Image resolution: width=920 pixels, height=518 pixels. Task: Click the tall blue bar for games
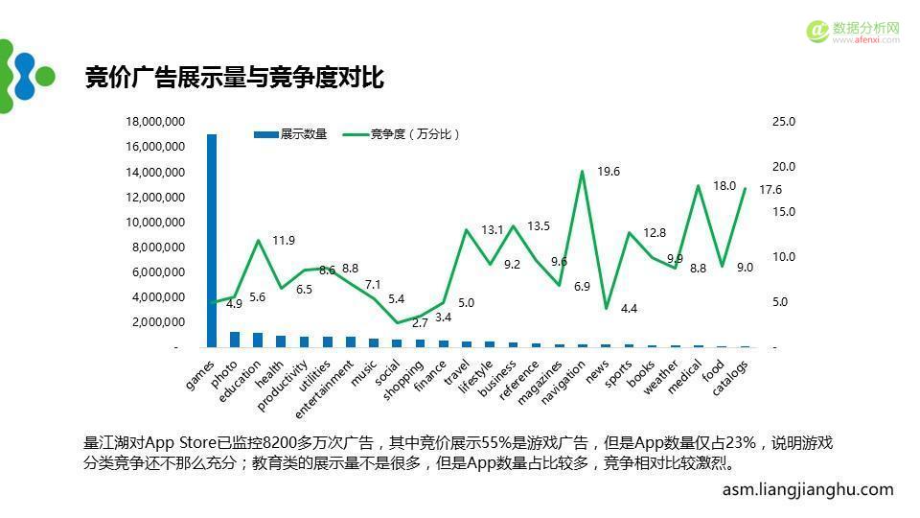coord(212,240)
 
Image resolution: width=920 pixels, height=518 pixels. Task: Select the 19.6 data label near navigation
coord(609,172)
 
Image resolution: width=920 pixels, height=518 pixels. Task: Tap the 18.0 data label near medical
coord(724,186)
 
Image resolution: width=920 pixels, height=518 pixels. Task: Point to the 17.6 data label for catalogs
coord(770,190)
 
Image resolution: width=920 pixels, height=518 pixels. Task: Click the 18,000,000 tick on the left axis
coord(155,122)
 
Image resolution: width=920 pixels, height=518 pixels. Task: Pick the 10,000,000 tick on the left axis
coord(155,223)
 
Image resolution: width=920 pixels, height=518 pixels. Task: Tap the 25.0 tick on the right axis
coord(784,122)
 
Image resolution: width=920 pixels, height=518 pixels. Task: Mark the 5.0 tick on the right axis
coord(781,302)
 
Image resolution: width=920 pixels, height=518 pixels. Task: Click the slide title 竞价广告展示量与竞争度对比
coord(235,78)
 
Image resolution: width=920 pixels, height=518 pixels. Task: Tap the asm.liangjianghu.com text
coord(807,489)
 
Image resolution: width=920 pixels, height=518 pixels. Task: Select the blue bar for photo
coord(235,339)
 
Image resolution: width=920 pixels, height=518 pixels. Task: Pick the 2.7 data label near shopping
coord(420,323)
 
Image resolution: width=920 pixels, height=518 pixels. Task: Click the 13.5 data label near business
coord(539,226)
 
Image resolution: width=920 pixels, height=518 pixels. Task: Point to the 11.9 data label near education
coord(284,241)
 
